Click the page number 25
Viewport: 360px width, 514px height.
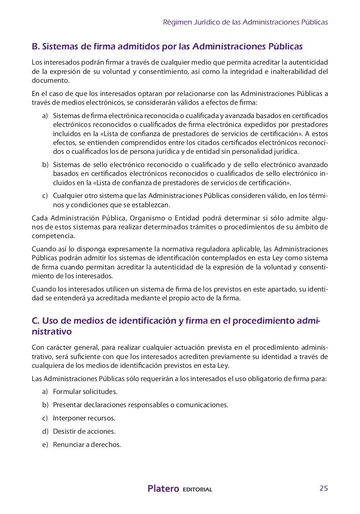coord(323,488)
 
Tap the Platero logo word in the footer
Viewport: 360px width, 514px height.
coord(163,489)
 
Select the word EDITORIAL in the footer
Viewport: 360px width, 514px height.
coord(197,490)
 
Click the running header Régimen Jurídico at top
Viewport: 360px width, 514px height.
coord(245,22)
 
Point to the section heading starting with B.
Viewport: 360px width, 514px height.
coord(167,47)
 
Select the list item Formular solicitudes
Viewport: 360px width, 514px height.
coord(85,392)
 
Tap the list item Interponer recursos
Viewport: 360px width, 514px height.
coord(84,418)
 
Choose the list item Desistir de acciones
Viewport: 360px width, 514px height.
coord(84,431)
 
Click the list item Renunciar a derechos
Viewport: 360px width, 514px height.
coord(87,445)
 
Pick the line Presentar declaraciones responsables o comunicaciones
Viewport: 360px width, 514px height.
coord(140,405)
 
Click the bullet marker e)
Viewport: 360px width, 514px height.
coord(45,445)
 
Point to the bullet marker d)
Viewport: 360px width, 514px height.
coord(45,431)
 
